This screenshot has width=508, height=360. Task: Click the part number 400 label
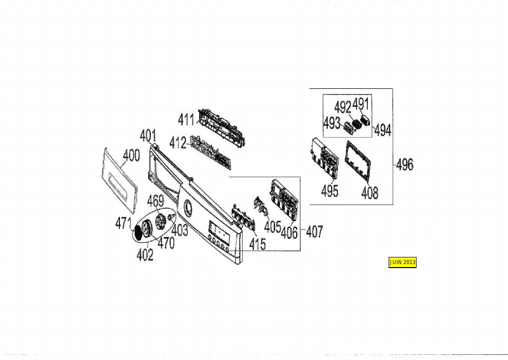pyautogui.click(x=131, y=155)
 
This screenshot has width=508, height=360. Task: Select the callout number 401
pyautogui.click(x=148, y=136)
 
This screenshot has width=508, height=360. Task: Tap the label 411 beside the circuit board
pyautogui.click(x=186, y=120)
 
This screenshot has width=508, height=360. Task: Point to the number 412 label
pyautogui.click(x=178, y=143)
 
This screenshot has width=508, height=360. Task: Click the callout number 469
pyautogui.click(x=155, y=201)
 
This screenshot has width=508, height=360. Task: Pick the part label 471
pyautogui.click(x=123, y=223)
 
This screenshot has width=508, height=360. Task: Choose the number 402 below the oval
pyautogui.click(x=145, y=255)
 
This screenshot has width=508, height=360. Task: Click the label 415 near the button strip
pyautogui.click(x=258, y=244)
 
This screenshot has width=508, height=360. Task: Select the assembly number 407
pyautogui.click(x=314, y=232)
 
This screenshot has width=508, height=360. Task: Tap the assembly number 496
pyautogui.click(x=405, y=165)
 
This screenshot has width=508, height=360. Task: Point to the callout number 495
pyautogui.click(x=330, y=191)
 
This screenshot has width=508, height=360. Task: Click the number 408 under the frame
pyautogui.click(x=370, y=193)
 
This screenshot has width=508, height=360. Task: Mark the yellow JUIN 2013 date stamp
pyautogui.click(x=402, y=262)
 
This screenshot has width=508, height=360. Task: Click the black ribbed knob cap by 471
pyautogui.click(x=138, y=232)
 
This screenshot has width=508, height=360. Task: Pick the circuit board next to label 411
pyautogui.click(x=221, y=127)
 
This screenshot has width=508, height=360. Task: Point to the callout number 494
pyautogui.click(x=383, y=130)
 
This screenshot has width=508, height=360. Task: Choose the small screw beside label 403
pyautogui.click(x=172, y=216)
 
